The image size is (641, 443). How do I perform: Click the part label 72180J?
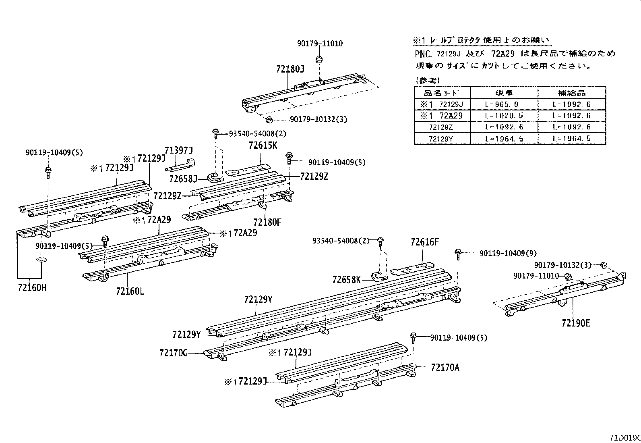[x=290, y=69]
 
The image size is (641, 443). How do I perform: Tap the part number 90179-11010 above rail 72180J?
[x=320, y=44]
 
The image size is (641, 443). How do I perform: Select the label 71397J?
[x=179, y=151]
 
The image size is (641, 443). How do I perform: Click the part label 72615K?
[x=263, y=145]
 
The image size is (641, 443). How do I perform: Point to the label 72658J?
[x=184, y=178]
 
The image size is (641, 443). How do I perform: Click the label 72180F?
[x=267, y=222]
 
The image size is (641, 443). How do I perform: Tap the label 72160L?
[x=130, y=291]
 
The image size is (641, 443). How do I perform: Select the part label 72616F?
[x=424, y=242]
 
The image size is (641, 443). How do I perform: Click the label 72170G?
[x=174, y=353]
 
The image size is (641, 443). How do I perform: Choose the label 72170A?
[x=445, y=367]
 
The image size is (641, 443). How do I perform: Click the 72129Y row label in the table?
[x=442, y=139]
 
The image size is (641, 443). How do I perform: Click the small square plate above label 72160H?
[x=41, y=259]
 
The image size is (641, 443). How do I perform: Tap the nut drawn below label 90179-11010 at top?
[x=319, y=60]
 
